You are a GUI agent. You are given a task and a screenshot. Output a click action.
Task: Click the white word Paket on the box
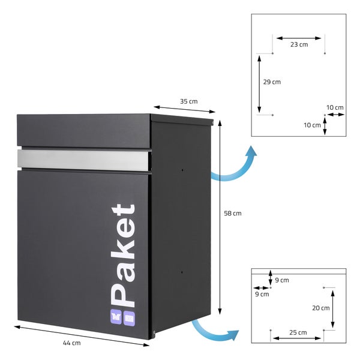coord(123,256)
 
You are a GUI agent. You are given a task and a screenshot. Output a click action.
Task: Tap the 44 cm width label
coord(72,343)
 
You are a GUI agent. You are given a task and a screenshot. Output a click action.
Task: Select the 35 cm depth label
coord(189,101)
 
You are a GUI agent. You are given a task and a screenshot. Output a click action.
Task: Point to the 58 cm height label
coord(233,214)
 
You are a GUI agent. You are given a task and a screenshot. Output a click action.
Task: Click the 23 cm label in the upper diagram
coord(299,44)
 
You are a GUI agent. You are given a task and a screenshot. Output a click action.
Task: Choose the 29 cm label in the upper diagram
coord(272,82)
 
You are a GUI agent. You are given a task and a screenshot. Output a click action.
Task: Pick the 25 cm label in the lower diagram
coord(298,332)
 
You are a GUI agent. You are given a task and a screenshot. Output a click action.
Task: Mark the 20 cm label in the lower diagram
coord(321,308)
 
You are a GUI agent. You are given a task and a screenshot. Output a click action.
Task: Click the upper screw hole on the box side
coord(182,170)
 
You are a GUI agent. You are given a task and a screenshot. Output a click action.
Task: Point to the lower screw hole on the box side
coord(182,272)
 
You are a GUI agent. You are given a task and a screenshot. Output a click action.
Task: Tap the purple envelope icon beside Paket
coord(129,318)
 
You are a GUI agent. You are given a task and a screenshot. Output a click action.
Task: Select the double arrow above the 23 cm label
coord(299,38)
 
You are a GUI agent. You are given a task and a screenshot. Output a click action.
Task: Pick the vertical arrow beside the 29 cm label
coord(259,84)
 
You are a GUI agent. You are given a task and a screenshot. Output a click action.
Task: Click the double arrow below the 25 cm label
coord(297,338)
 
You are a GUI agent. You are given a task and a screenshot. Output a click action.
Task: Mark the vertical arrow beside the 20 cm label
coord(332,309)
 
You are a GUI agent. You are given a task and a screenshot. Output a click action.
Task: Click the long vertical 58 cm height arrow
coord(220,217)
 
